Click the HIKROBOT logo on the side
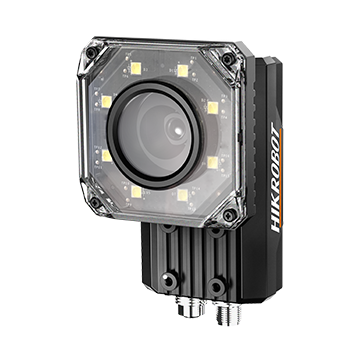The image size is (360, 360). [x=275, y=177]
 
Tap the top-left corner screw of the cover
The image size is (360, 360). [x=91, y=52]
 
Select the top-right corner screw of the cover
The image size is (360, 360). [x=229, y=59]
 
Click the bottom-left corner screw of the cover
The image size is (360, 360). [x=95, y=202]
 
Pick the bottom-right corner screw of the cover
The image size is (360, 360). [x=230, y=215]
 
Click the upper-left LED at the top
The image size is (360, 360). [x=136, y=68]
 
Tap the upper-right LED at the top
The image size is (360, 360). [x=183, y=71]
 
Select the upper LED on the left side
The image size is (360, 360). [x=106, y=101]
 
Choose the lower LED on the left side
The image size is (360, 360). [x=107, y=156]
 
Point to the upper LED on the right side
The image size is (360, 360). [x=213, y=107]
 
